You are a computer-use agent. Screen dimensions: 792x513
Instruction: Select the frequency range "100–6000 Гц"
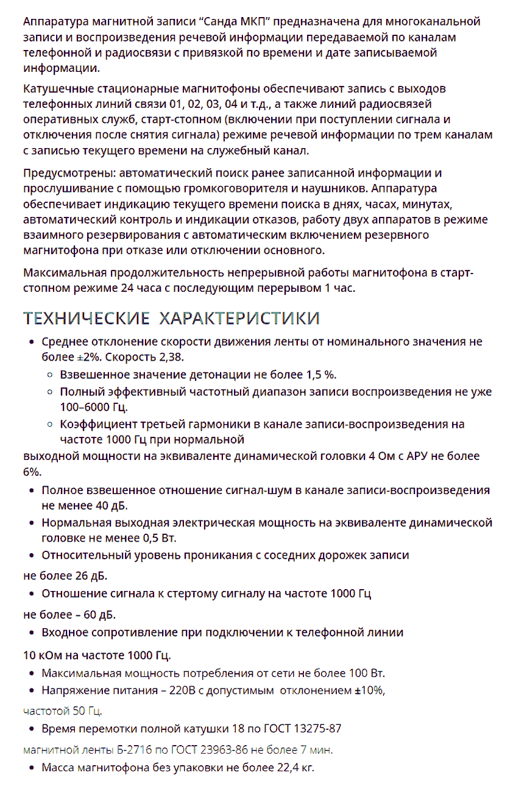point(93,406)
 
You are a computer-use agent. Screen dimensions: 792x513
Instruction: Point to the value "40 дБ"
point(111,506)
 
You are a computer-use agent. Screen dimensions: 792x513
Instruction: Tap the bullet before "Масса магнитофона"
point(32,768)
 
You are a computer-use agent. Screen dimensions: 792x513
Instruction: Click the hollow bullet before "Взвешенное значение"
point(51,373)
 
